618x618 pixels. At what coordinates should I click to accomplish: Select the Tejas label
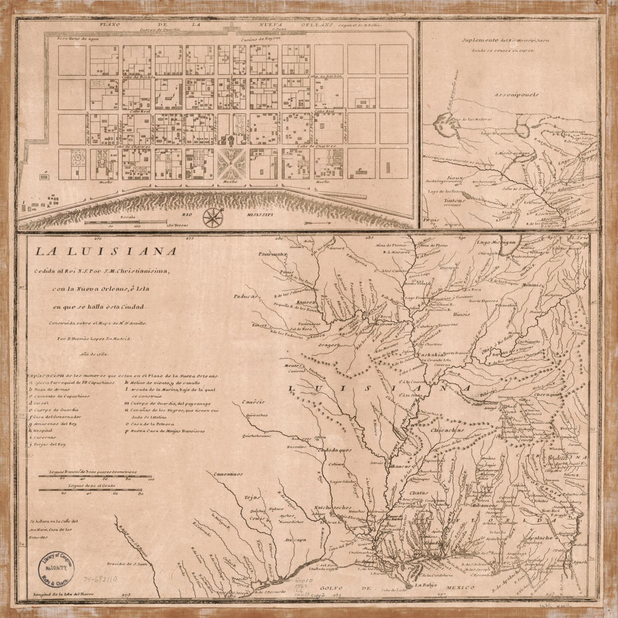tap(251, 498)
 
